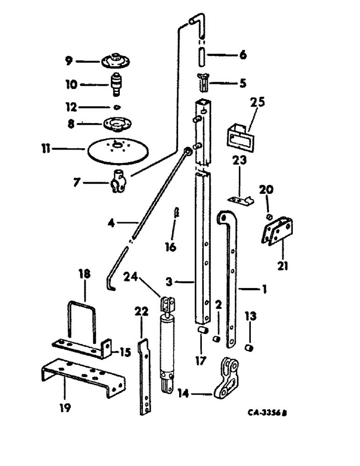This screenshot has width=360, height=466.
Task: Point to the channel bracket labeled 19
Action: click(82, 377)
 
